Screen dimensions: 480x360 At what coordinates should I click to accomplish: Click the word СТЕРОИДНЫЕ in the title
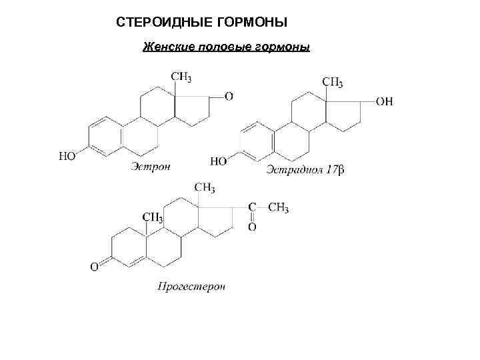pyautogui.click(x=161, y=23)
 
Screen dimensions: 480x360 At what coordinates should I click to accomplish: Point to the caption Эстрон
pyautogui.click(x=151, y=166)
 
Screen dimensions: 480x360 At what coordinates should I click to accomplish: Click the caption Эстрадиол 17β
pyautogui.click(x=305, y=171)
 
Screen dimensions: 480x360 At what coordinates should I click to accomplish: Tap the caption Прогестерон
pyautogui.click(x=191, y=287)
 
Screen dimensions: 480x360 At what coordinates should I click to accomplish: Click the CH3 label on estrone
pyautogui.click(x=181, y=78)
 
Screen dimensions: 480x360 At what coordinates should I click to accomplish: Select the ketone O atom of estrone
pyautogui.click(x=229, y=97)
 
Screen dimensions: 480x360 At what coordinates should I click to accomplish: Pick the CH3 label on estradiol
pyautogui.click(x=333, y=83)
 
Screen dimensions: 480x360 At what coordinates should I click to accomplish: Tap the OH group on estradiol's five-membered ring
pyautogui.click(x=385, y=101)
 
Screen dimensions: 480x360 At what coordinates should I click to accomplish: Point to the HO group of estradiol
pyautogui.click(x=219, y=161)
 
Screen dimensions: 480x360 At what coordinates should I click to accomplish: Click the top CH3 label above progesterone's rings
pyautogui.click(x=205, y=189)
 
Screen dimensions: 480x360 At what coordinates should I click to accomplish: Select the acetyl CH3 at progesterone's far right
pyautogui.click(x=278, y=208)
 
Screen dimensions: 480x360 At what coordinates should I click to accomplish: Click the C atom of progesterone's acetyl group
pyautogui.click(x=252, y=208)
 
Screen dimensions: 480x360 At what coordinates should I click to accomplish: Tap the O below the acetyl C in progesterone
pyautogui.click(x=251, y=227)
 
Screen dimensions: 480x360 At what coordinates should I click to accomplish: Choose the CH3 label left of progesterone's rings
pyautogui.click(x=152, y=218)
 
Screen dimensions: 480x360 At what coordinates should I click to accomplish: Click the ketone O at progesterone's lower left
pyautogui.click(x=95, y=267)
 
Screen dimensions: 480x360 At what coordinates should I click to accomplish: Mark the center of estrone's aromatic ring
pyautogui.click(x=106, y=137)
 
